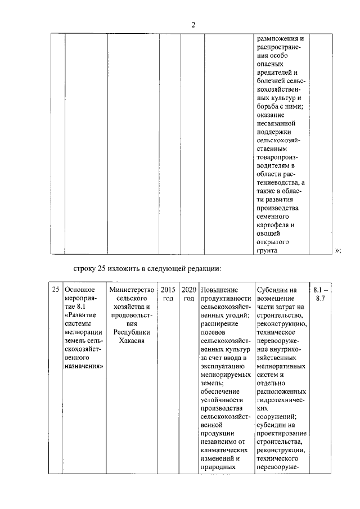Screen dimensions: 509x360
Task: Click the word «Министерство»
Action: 132,290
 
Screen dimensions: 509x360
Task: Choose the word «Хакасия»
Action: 132,341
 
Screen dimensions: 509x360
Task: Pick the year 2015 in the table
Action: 168,290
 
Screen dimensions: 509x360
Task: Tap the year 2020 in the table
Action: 188,290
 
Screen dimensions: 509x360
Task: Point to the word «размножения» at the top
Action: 280,39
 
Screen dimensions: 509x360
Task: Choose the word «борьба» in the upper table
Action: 268,108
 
